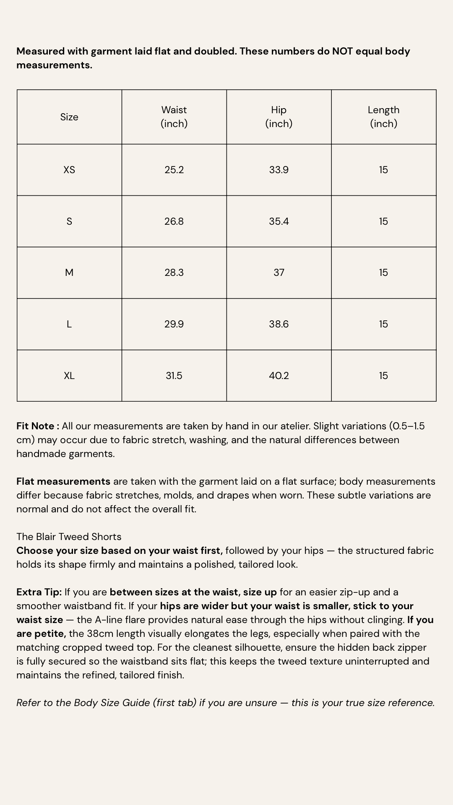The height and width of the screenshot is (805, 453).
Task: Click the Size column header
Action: coord(69,117)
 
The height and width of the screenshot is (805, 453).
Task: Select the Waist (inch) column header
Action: coord(174,117)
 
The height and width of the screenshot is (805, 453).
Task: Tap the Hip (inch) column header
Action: coord(279,117)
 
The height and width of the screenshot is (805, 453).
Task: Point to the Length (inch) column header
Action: coord(383,117)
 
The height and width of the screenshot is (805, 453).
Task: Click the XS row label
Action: coord(69,170)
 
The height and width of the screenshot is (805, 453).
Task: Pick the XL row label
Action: coord(69,376)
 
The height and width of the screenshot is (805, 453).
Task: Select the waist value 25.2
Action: coord(174,170)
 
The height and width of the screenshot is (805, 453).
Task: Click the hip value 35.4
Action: coord(279,221)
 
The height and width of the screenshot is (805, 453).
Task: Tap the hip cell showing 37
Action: coord(279,273)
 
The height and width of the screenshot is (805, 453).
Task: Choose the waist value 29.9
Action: coord(174,324)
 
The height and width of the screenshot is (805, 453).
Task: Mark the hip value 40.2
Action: coord(279,376)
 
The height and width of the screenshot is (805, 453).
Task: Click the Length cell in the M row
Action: coord(383,273)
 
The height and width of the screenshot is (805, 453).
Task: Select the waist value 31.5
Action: coord(174,376)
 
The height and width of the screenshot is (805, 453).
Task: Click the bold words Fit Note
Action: coord(35,426)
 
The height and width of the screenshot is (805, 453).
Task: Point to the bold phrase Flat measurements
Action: coord(63,481)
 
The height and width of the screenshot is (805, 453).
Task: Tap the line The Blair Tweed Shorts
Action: coord(69,537)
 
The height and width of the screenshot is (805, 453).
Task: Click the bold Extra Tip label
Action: coord(39,592)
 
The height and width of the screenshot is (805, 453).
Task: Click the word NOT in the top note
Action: coord(343,51)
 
